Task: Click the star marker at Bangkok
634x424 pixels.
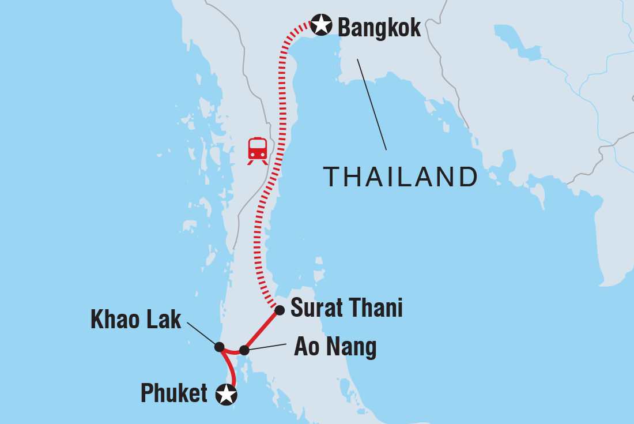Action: [x=321, y=25]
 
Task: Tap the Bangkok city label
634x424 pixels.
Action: [x=379, y=27]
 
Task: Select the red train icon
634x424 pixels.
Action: [x=258, y=151]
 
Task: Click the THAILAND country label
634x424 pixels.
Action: [x=401, y=177]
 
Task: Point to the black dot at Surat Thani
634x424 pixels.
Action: [x=280, y=310]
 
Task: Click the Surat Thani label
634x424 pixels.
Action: [x=346, y=309]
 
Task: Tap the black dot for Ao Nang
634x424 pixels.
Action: [x=244, y=350]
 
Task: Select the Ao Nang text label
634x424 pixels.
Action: [x=335, y=347]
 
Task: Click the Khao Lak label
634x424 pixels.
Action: [x=136, y=321]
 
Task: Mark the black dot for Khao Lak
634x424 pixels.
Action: [x=219, y=347]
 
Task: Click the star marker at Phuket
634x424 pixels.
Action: [x=226, y=395]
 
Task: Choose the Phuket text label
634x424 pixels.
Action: [x=174, y=393]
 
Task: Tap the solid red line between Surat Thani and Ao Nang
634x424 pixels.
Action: [x=262, y=330]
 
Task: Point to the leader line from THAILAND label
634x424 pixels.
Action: [x=372, y=104]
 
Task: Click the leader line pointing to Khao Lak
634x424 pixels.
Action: [x=202, y=334]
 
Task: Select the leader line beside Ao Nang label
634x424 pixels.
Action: [x=268, y=347]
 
